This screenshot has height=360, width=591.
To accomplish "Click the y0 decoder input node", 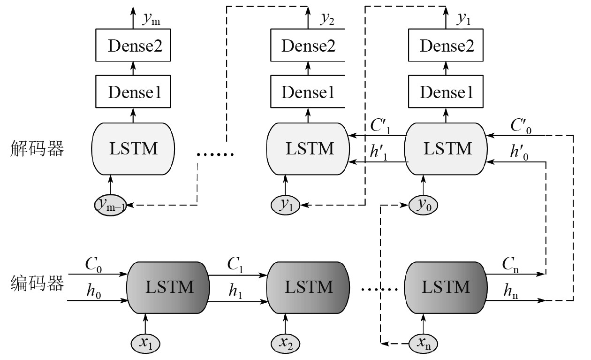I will [x=424, y=205].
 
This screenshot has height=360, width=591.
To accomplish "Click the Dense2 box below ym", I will [x=132, y=46].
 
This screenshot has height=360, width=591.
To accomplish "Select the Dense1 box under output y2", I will [x=308, y=92].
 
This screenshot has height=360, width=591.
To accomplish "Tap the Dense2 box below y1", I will [x=447, y=46].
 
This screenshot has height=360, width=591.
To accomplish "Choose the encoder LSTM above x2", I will [x=308, y=286].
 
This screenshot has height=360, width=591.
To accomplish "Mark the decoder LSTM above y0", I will [x=447, y=149].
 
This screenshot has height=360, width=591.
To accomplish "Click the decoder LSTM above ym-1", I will [x=133, y=149].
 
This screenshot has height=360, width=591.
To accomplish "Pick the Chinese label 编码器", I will [x=37, y=284].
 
